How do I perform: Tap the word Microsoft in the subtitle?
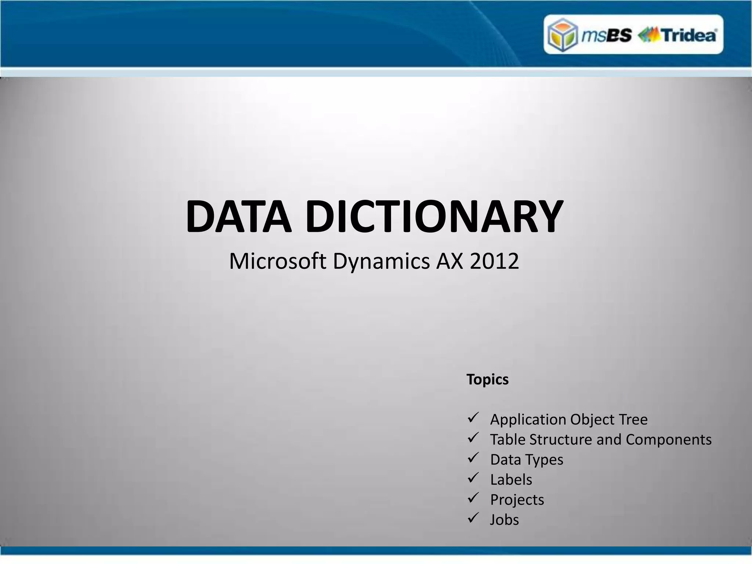[x=278, y=261]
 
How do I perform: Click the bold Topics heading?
[x=487, y=380]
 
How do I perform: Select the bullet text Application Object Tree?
[x=569, y=419]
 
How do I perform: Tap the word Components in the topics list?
[x=668, y=440]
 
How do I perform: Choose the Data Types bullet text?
[x=527, y=460]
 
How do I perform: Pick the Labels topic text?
[x=511, y=480]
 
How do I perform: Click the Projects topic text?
[x=517, y=500]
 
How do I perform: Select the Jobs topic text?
[x=505, y=520]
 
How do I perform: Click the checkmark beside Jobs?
[x=473, y=518]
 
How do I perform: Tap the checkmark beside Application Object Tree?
[x=473, y=417]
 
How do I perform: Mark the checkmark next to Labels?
[x=473, y=478]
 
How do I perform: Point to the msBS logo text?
[x=607, y=35]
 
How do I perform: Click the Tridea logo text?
[x=688, y=35]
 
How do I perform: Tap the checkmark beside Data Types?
[x=473, y=458]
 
